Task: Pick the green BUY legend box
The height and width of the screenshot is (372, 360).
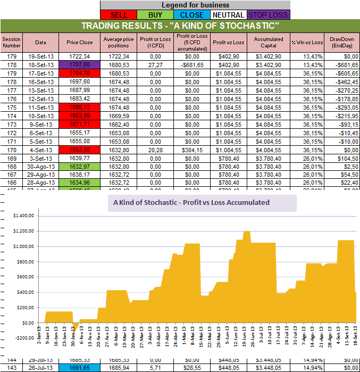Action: [156, 15]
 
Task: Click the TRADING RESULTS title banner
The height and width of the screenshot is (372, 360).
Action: [180, 26]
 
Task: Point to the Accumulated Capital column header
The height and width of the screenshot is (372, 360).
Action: [269, 42]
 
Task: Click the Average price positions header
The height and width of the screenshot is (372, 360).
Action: [118, 42]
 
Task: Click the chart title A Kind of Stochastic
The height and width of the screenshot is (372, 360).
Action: [191, 202]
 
